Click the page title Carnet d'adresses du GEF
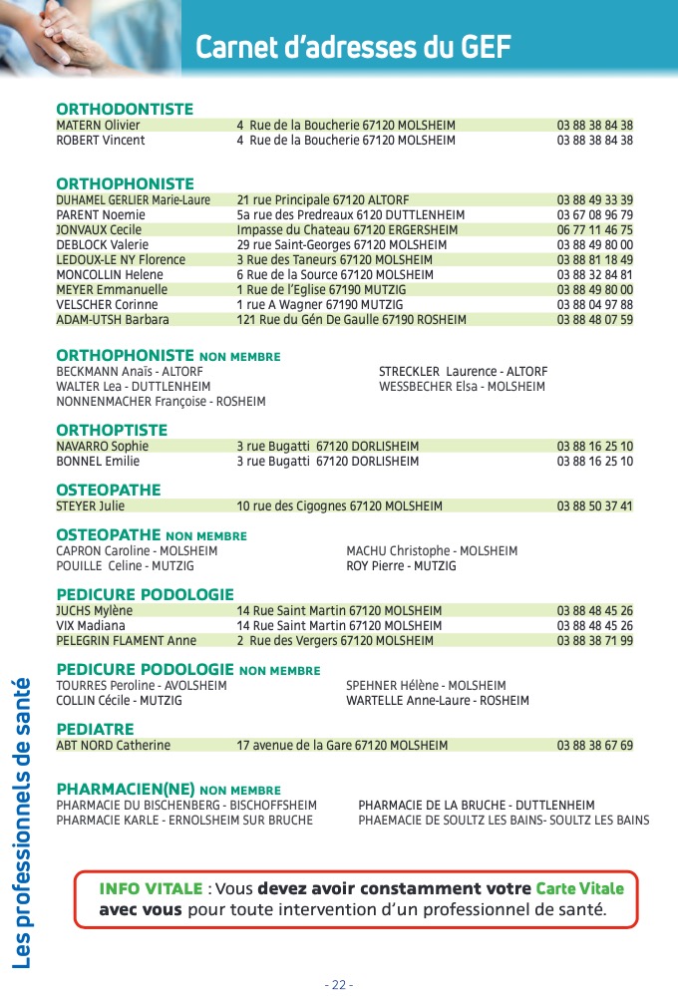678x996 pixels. tap(353, 47)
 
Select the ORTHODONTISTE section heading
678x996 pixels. tap(125, 109)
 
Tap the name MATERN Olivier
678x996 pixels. tap(98, 126)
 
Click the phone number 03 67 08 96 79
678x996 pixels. tap(594, 215)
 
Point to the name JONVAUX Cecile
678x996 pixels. tap(99, 230)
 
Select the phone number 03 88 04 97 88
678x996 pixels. tap(594, 305)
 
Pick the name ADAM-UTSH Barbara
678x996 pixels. tap(113, 320)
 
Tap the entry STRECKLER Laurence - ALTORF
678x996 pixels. tap(463, 372)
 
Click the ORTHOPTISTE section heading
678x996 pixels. tap(112, 430)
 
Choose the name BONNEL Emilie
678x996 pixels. tap(98, 462)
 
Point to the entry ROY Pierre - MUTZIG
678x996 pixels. tap(401, 566)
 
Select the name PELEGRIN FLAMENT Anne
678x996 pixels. tap(127, 641)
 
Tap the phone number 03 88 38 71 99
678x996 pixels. tap(594, 641)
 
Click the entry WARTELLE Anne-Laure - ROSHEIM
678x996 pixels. tap(438, 701)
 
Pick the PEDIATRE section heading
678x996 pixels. tap(95, 729)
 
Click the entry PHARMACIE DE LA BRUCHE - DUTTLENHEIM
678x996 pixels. tap(476, 806)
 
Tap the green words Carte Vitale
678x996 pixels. tap(579, 888)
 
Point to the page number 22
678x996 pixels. tap(339, 984)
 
